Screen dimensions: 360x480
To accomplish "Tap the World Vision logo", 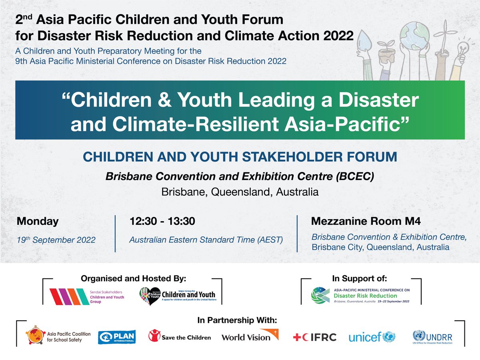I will [250, 336].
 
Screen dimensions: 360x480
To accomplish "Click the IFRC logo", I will [314, 337].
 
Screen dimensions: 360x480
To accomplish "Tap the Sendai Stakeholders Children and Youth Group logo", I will [86, 296].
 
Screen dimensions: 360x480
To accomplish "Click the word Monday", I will [38, 221].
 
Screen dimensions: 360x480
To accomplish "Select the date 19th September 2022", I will [56, 240].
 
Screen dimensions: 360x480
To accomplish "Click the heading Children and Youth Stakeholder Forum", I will [240, 156].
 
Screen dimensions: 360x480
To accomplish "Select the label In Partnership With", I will [237, 320].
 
